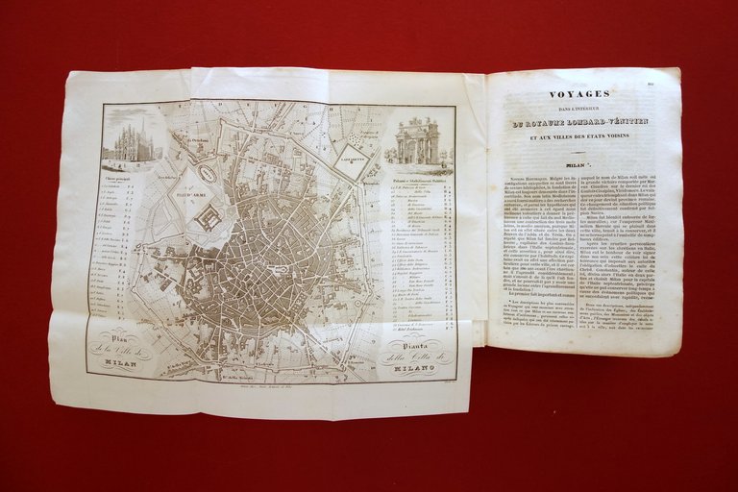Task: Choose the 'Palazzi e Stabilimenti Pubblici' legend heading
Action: [x=421, y=179]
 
